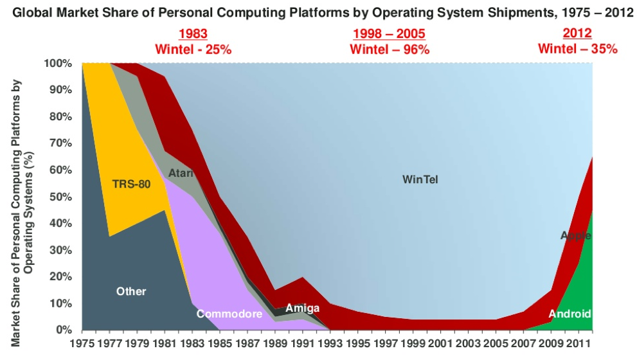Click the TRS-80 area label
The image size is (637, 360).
click(x=131, y=184)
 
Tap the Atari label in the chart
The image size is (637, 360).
click(x=181, y=173)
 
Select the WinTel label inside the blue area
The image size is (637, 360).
click(x=420, y=179)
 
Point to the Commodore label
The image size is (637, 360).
click(x=229, y=314)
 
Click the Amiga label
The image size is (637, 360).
click(x=302, y=308)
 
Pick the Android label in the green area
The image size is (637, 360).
click(x=569, y=314)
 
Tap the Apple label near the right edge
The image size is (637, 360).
click(x=575, y=235)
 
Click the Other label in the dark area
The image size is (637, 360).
click(x=131, y=291)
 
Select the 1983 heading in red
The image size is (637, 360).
click(x=193, y=34)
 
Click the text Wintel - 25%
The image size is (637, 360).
click(x=193, y=49)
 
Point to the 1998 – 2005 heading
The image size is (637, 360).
click(x=390, y=34)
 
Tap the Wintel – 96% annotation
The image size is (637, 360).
click(x=390, y=49)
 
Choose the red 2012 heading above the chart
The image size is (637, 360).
click(x=577, y=34)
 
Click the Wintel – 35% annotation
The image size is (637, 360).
click(x=577, y=49)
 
